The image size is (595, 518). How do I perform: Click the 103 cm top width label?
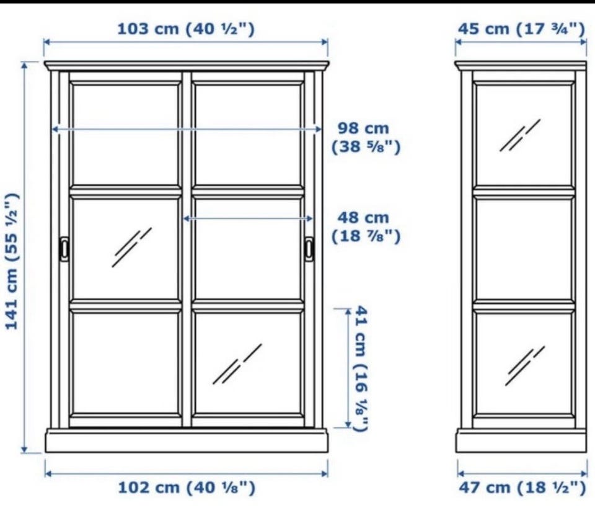tap(186, 29)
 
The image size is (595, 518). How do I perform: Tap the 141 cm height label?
tap(12, 261)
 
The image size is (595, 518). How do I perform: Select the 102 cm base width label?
tap(187, 487)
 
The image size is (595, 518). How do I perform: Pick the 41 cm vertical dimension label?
tap(361, 368)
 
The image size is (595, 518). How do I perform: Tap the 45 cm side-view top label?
tap(521, 29)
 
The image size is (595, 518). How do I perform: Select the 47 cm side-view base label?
tap(522, 487)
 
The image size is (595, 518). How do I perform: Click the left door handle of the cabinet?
tap(64, 249)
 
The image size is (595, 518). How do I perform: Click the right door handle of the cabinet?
tap(309, 249)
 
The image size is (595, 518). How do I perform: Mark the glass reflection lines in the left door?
tap(131, 248)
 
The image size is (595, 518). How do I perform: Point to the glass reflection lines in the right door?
tap(237, 364)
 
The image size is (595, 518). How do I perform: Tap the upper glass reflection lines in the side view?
tap(520, 135)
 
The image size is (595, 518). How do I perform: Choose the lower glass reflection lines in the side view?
tap(525, 366)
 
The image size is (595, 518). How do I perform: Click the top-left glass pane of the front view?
tap(126, 135)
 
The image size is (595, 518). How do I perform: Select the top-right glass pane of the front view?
tap(248, 135)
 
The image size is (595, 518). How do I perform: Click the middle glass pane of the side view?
tap(524, 249)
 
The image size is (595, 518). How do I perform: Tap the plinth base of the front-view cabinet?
tap(187, 441)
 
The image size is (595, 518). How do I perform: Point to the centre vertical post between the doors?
tap(187, 249)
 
